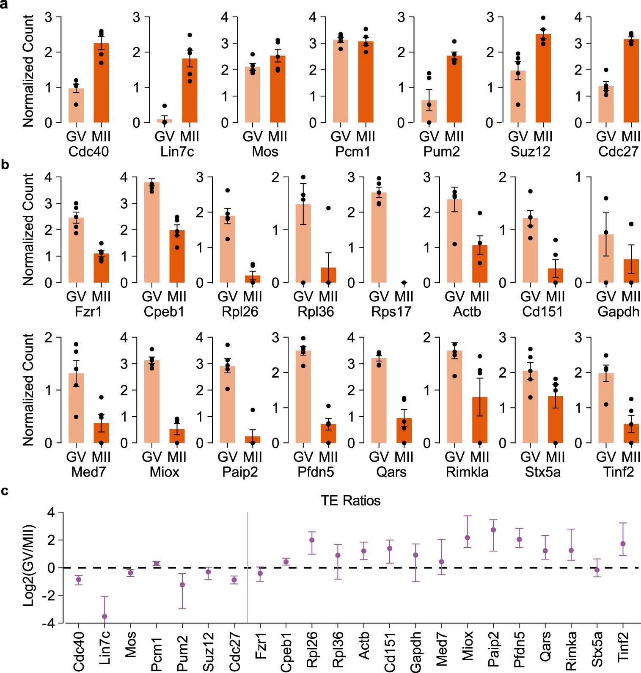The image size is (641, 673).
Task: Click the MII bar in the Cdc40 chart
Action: pos(101,85)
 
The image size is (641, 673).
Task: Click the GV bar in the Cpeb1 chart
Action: pos(152,233)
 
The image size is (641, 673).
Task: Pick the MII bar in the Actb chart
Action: pos(480,265)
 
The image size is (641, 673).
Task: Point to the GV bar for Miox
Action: pos(152,402)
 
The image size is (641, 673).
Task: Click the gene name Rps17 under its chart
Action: pos(391,312)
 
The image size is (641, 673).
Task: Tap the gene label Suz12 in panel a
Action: pos(530,152)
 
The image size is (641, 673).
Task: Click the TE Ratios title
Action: pos(350,501)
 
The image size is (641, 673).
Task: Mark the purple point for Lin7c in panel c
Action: pos(104,616)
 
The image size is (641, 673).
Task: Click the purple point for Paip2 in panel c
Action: pos(493,530)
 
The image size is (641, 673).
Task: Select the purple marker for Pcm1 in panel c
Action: pos(156,563)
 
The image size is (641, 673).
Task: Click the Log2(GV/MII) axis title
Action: pos(29,565)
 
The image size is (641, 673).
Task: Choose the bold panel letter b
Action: pos(5,165)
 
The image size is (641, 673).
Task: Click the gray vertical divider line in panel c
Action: pos(248,567)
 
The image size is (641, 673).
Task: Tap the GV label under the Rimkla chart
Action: pos(454,457)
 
